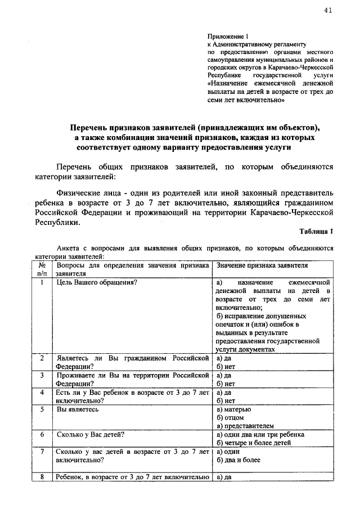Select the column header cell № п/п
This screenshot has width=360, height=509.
coord(42,269)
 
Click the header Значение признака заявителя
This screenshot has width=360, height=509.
coord(262,265)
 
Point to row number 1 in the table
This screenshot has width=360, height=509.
coord(42,282)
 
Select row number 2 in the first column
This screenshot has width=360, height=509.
coord(42,358)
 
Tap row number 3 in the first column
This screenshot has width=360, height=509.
coord(42,375)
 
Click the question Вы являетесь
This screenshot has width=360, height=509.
coord(78,409)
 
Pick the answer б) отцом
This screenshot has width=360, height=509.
coord(230,418)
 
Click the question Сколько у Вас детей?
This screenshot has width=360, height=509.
coord(91,435)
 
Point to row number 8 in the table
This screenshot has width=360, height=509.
coord(42,478)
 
